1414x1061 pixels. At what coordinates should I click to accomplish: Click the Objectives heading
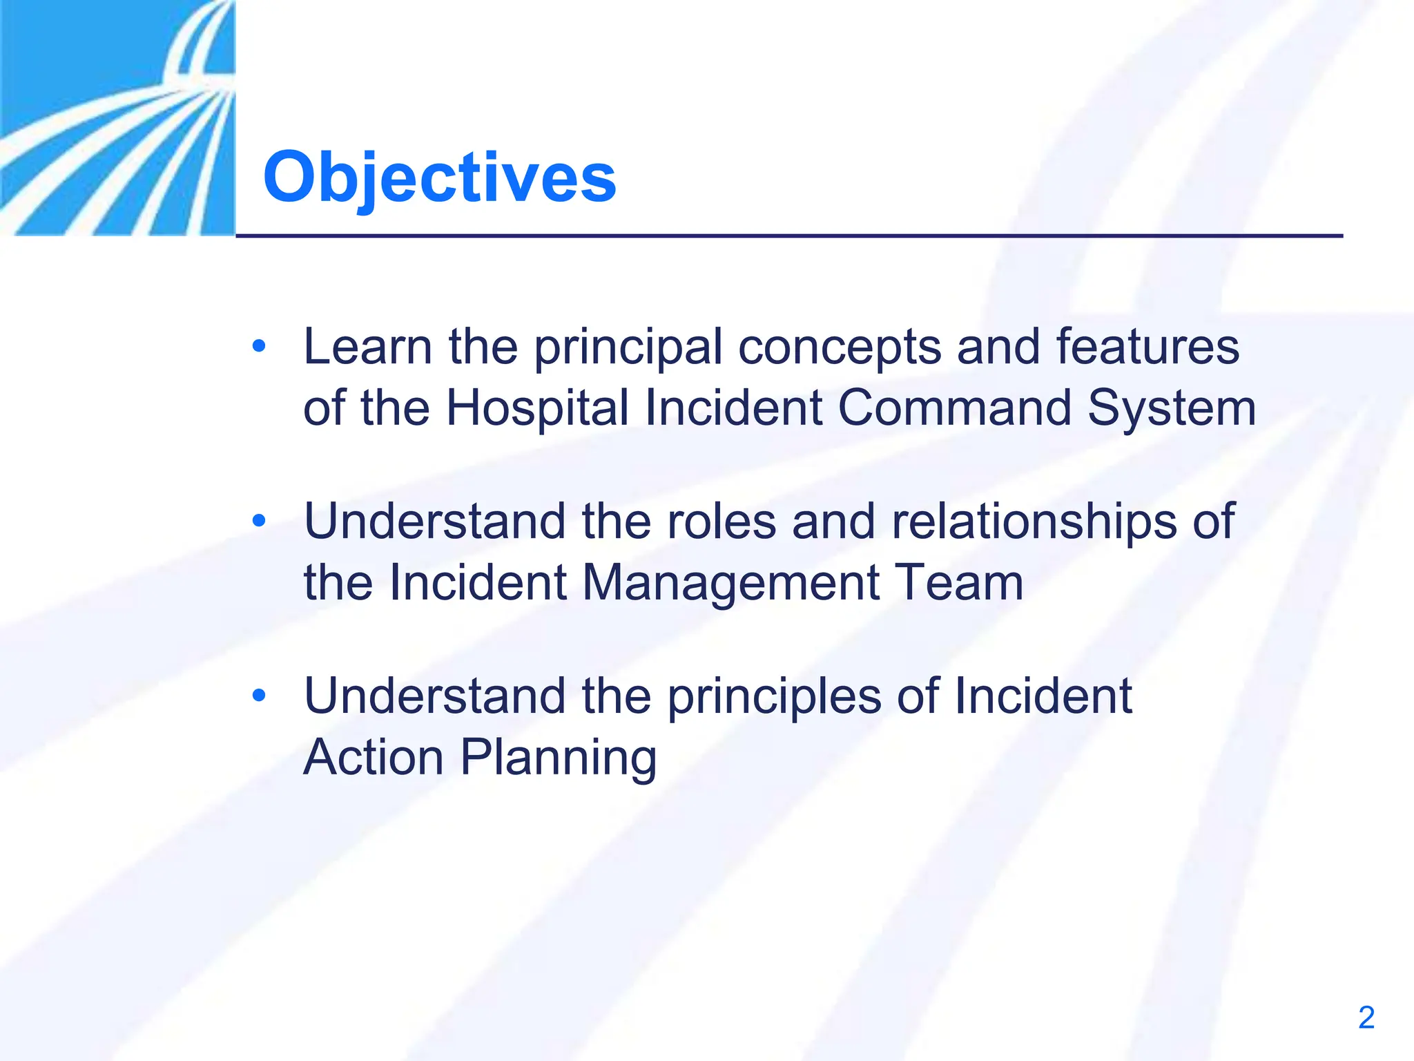(439, 178)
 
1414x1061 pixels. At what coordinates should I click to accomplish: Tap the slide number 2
(1366, 1017)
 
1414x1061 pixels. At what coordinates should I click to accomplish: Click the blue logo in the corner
(117, 117)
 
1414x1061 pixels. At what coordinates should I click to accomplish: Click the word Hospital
(537, 408)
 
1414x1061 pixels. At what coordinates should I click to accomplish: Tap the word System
(1172, 409)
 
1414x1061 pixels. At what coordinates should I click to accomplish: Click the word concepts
(839, 347)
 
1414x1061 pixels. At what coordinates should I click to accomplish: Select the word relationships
(1034, 522)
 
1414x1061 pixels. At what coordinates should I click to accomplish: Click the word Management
(730, 584)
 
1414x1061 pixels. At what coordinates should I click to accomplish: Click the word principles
(774, 696)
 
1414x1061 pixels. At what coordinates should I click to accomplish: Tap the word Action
(373, 757)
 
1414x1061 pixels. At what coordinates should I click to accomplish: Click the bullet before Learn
(259, 345)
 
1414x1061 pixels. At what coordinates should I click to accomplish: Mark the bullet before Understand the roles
(259, 520)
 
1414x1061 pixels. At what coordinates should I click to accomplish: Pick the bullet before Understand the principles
(259, 695)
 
